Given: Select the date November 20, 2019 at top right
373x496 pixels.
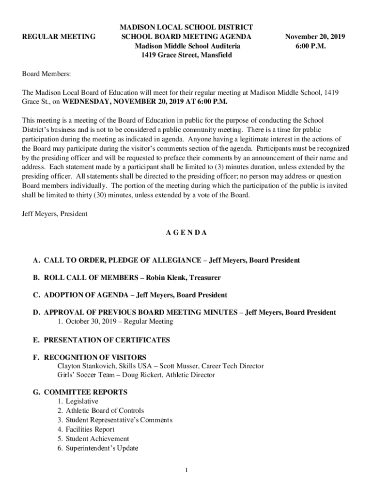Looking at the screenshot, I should tap(315, 37).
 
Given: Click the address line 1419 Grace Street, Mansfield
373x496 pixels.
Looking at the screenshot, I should tap(186, 55).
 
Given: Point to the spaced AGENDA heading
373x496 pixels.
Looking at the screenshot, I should tap(186, 232).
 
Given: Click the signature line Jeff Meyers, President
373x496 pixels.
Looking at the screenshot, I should tap(55, 214).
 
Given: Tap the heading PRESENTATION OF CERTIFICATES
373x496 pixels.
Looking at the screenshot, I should tap(107, 340).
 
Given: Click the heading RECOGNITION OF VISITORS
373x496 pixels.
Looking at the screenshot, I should tap(95, 357).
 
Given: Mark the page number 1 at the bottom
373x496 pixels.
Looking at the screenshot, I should tap(186, 470).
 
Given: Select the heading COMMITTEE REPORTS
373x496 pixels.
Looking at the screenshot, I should tap(86, 392).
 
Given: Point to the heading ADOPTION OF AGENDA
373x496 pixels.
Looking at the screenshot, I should tap(88, 295).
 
